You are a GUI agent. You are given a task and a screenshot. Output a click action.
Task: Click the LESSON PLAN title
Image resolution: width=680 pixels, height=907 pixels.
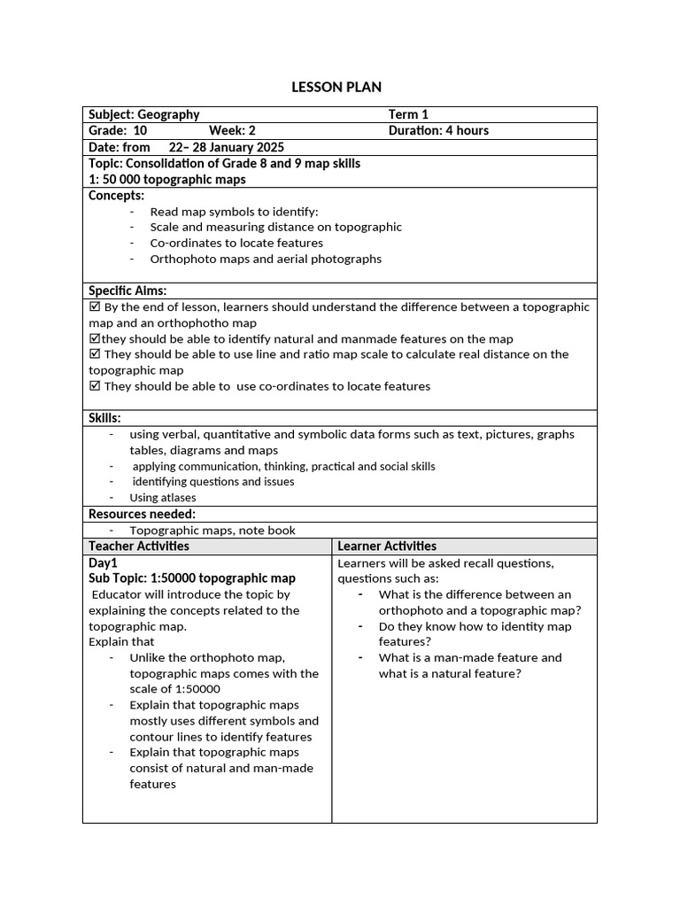(x=336, y=87)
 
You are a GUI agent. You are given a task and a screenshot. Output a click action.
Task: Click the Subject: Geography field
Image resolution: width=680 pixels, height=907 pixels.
(x=144, y=114)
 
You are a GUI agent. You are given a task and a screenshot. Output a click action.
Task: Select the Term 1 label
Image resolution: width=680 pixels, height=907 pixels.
(x=408, y=114)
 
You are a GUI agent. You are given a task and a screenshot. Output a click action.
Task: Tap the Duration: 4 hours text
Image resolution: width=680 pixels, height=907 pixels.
(x=438, y=130)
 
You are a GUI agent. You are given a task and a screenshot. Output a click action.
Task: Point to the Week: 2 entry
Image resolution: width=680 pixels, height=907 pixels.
(x=232, y=130)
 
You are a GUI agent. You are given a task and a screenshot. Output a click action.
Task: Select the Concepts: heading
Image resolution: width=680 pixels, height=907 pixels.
(x=116, y=195)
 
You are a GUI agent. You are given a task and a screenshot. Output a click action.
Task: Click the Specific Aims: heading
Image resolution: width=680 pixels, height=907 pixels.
(x=127, y=291)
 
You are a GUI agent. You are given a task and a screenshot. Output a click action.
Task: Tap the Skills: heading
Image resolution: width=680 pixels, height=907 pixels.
(x=104, y=418)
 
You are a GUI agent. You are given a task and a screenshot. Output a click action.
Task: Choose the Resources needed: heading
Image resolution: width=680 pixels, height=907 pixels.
(x=142, y=514)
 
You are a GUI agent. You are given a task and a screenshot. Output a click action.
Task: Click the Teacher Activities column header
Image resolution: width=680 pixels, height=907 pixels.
(x=139, y=547)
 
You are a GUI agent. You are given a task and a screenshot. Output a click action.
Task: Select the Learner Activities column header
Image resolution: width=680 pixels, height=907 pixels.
(x=387, y=547)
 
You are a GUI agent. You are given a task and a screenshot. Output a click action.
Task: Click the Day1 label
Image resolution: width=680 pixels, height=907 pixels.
(x=103, y=562)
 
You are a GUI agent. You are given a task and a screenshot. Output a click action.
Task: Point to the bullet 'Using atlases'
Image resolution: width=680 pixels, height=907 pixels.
(x=163, y=498)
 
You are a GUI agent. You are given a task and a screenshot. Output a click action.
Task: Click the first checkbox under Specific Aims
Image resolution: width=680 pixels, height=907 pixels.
(x=95, y=306)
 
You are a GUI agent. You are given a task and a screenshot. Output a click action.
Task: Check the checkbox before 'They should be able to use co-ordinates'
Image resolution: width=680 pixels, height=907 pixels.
(x=95, y=386)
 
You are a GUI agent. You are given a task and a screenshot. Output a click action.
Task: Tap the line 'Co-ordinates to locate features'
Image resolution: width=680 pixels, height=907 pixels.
(x=236, y=243)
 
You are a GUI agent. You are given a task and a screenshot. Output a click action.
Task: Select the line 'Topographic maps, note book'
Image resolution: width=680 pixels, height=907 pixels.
(x=212, y=531)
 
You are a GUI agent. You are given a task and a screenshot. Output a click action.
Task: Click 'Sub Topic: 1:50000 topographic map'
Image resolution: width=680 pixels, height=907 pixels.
(x=192, y=578)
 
